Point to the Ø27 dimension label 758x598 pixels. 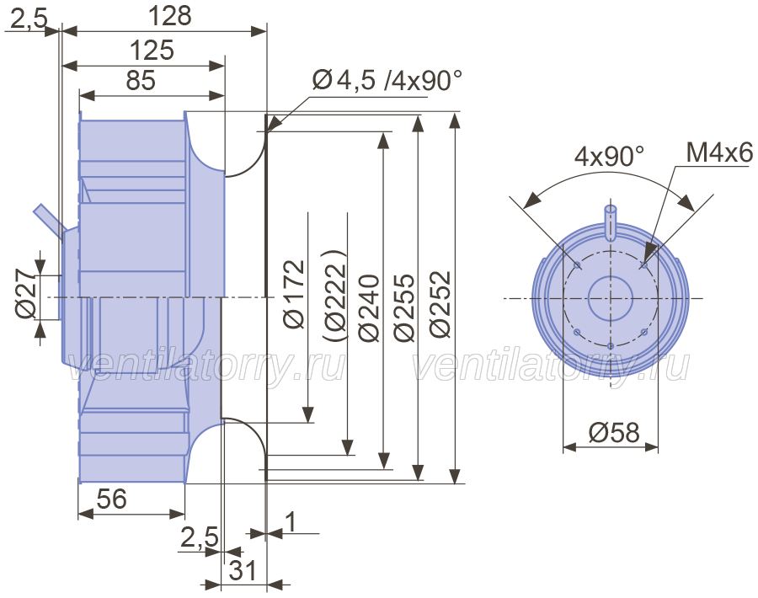(x=26, y=296)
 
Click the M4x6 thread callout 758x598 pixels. (x=718, y=154)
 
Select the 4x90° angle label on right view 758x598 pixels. (x=609, y=157)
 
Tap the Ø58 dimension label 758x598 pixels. (x=614, y=433)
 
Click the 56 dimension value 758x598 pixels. (x=111, y=499)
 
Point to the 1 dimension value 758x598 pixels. (x=291, y=522)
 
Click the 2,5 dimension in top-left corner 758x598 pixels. (x=29, y=17)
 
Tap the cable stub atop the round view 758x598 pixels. (x=611, y=217)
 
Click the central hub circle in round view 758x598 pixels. (x=610, y=297)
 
